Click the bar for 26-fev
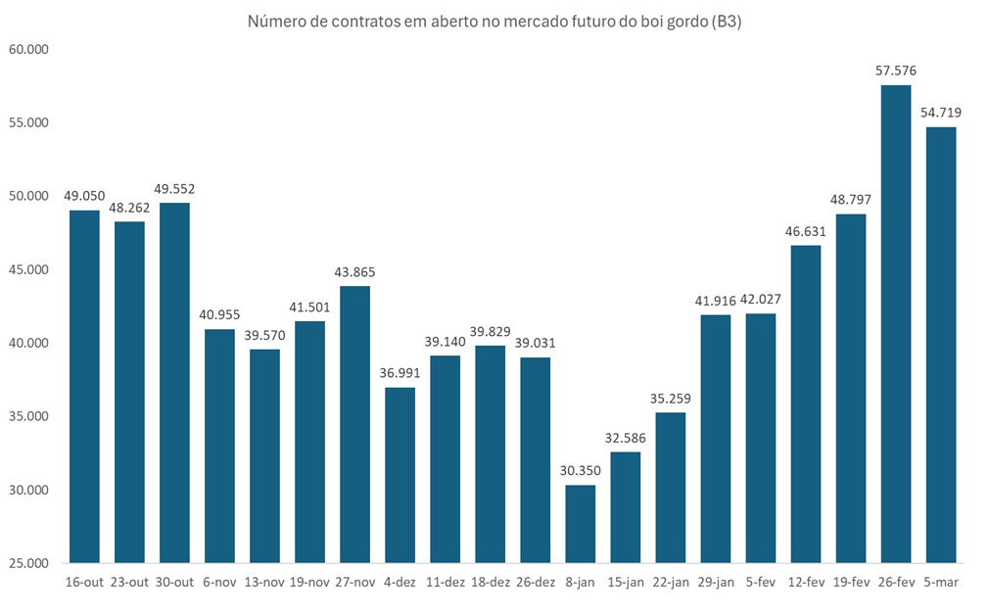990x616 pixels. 896,324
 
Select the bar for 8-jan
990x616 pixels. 580,524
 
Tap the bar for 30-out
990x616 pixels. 174,383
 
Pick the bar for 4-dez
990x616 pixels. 400,475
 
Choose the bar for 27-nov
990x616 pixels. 354,424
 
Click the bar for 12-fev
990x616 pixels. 806,403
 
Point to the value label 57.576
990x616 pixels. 896,71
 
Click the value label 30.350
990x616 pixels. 580,470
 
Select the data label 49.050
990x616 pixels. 84,196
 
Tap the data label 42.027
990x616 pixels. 761,299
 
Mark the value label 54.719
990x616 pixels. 941,113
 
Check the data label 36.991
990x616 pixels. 400,373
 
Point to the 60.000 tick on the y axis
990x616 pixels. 27,49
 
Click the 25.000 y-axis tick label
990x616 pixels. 27,564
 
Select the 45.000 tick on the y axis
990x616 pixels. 27,269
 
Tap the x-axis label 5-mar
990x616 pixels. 941,583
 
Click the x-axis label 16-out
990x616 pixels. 84,583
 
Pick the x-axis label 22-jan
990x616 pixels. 670,583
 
